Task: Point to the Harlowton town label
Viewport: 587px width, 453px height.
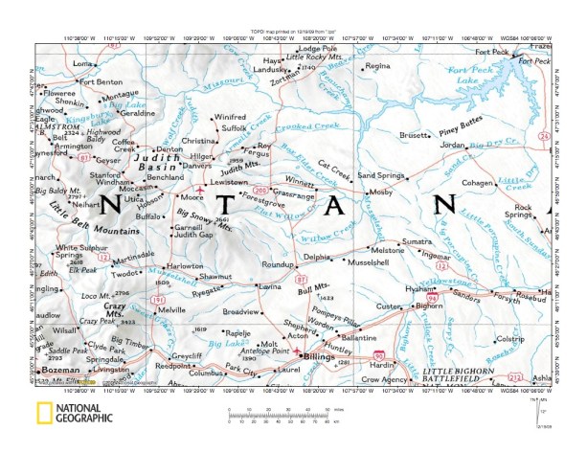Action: (x=185, y=266)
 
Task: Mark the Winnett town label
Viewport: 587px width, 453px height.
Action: (x=326, y=180)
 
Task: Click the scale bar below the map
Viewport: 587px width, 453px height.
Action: (x=279, y=414)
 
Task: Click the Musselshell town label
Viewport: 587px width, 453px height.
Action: (x=369, y=261)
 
